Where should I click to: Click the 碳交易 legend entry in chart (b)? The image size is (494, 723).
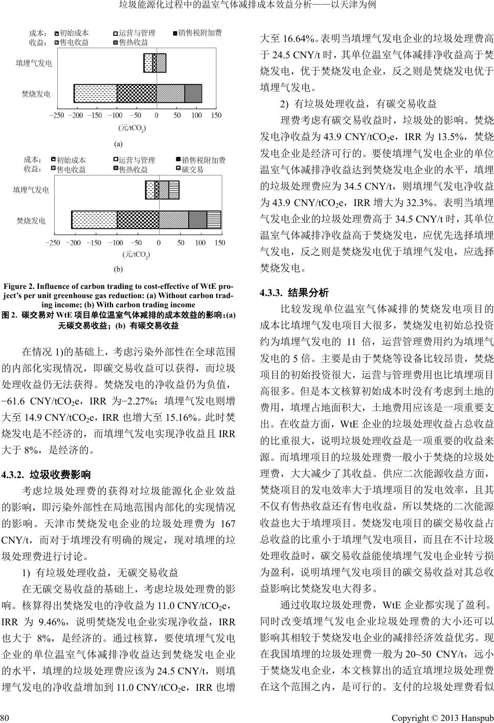pyautogui.click(x=193, y=169)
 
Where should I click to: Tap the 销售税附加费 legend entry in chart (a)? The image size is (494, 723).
pyautogui.click(x=199, y=33)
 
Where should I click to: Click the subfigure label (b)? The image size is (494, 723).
pyautogui.click(x=118, y=268)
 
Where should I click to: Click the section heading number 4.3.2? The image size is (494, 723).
pyautogui.click(x=13, y=474)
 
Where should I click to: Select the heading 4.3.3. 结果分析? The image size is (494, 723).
pyautogui.click(x=294, y=293)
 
